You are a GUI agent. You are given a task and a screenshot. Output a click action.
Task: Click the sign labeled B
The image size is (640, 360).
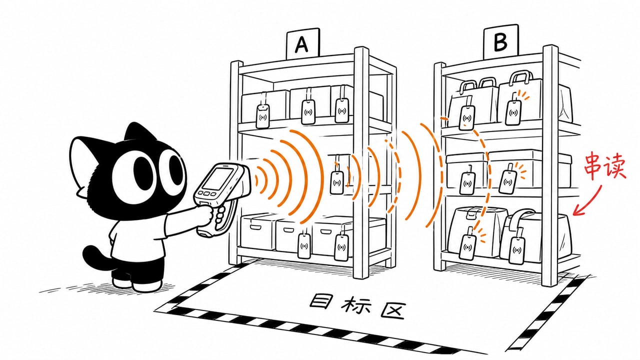(x=500, y=41)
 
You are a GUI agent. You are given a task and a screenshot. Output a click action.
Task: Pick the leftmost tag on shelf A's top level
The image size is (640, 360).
(x=263, y=116)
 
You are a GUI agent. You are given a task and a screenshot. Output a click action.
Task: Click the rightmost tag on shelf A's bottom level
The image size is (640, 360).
(x=341, y=247)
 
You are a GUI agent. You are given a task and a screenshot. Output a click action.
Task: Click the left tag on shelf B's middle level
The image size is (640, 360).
(x=467, y=183)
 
